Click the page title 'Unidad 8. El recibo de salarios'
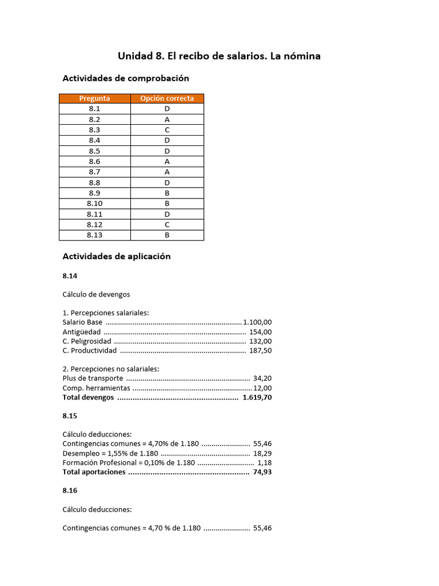219,56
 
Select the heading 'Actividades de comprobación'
125,78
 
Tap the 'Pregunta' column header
95,98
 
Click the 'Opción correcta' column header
167,98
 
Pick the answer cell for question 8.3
167,130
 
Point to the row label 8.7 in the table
95,172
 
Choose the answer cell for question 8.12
167,224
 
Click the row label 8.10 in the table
95,203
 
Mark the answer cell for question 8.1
167,109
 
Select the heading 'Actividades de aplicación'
117,256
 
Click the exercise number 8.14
70,276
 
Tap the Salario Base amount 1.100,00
257,322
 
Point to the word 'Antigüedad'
82,332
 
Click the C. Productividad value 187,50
261,350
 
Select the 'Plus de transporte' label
93,378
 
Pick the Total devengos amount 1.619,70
257,397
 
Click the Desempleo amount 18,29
262,453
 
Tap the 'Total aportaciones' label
94,472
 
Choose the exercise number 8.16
70,490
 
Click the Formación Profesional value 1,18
265,462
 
